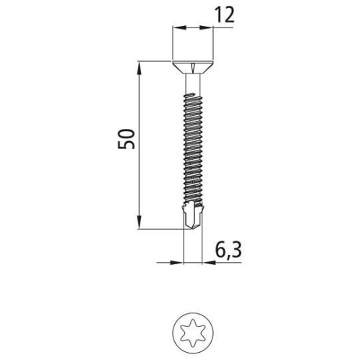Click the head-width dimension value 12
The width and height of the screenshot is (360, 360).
pos(225,17)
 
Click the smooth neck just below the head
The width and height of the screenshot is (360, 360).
pos(194,89)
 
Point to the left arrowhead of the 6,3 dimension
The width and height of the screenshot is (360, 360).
pos(180,262)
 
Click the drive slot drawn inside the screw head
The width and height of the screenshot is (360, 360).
pos(192,68)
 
